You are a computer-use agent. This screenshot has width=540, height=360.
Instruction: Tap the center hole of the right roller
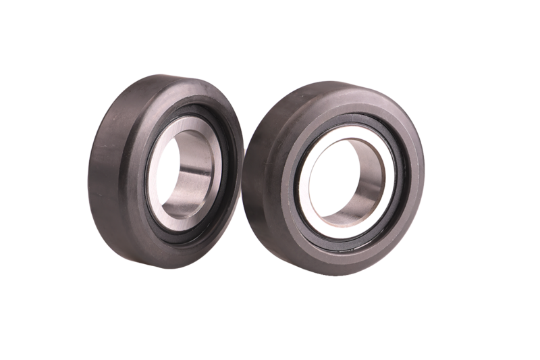coord(344,180)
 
